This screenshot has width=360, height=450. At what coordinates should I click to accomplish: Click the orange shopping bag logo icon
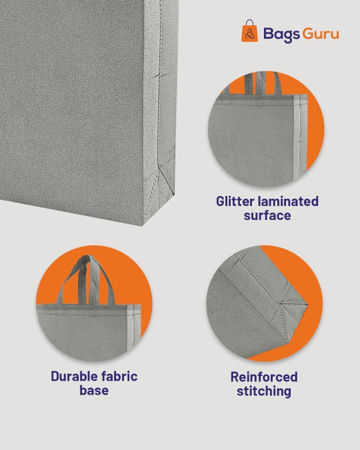click(x=249, y=31)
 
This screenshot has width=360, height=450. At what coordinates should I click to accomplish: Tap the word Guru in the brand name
click(x=321, y=34)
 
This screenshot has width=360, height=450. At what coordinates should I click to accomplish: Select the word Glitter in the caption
click(x=235, y=201)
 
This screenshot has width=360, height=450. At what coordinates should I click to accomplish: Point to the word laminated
click(x=288, y=201)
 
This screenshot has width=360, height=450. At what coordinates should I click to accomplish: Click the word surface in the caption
click(x=267, y=215)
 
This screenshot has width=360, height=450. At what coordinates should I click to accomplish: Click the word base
click(x=94, y=390)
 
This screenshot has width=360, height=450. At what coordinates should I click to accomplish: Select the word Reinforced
click(x=264, y=376)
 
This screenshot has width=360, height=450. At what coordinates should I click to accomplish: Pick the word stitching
click(x=264, y=391)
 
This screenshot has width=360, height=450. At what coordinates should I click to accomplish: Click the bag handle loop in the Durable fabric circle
click(x=85, y=280)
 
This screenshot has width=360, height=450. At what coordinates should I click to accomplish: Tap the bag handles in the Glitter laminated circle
click(x=262, y=83)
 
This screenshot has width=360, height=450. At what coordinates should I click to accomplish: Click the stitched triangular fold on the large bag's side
click(x=166, y=178)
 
